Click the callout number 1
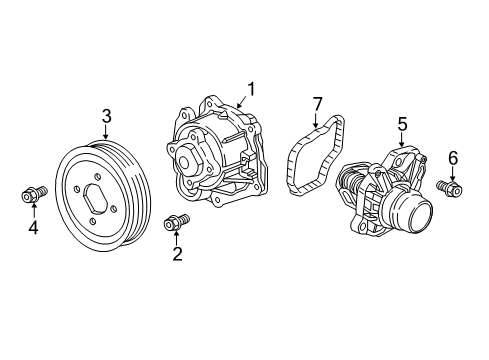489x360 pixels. (x=252, y=87)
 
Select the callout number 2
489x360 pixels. (x=178, y=254)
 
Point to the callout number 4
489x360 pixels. (x=32, y=228)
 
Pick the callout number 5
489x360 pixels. (x=403, y=124)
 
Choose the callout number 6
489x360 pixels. (x=452, y=157)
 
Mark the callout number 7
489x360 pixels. (x=318, y=104)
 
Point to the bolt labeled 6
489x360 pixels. (x=449, y=187)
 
